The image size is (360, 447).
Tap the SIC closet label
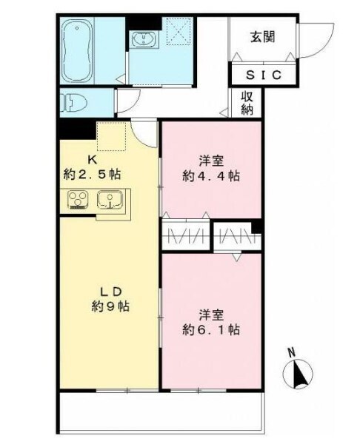click(262, 75)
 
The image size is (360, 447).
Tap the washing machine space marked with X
click(178, 33)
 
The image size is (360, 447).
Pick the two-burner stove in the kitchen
click(78, 200)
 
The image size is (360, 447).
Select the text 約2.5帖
click(93, 174)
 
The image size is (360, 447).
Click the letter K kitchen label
click(93, 158)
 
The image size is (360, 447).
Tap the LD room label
click(110, 290)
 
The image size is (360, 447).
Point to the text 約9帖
click(110, 306)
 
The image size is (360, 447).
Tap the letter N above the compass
click(291, 352)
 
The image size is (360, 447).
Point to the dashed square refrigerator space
click(113, 136)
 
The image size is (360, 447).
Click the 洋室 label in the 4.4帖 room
click(212, 161)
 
